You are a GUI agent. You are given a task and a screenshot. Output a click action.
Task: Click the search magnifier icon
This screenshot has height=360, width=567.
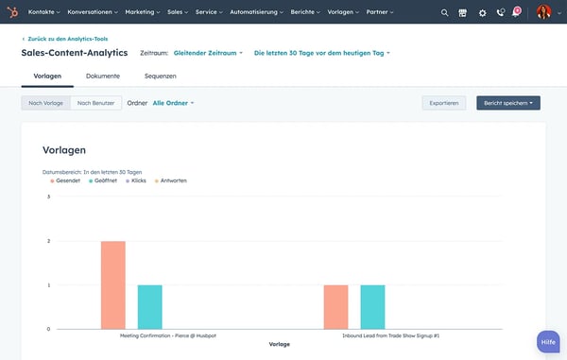(x=445, y=12)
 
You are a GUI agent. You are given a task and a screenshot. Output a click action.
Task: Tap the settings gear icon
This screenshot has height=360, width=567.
(x=482, y=12)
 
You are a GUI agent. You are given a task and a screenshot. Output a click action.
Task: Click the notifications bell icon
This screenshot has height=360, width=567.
(x=516, y=12)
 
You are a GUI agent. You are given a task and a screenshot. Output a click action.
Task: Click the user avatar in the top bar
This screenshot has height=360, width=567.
(x=543, y=12)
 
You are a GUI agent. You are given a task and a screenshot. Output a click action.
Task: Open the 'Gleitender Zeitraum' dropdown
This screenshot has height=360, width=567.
(x=208, y=53)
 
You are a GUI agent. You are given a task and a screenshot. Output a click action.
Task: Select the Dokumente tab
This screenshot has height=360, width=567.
(x=102, y=76)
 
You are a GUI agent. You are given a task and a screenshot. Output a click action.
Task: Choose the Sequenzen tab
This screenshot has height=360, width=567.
(x=160, y=76)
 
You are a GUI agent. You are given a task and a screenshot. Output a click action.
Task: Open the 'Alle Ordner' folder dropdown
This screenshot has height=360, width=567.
(x=173, y=102)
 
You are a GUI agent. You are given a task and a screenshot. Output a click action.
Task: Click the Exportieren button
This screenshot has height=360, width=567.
(x=444, y=102)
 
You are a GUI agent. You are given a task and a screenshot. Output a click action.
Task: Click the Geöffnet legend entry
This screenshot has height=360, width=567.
(x=105, y=180)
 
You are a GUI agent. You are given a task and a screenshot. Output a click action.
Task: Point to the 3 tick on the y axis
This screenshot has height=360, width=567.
(x=48, y=197)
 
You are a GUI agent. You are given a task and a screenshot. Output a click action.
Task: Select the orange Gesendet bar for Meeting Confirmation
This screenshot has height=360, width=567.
(x=113, y=284)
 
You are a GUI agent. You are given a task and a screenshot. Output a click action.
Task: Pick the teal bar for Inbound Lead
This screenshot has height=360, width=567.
(x=372, y=306)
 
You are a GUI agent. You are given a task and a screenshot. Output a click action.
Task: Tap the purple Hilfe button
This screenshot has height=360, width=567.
(x=548, y=342)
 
